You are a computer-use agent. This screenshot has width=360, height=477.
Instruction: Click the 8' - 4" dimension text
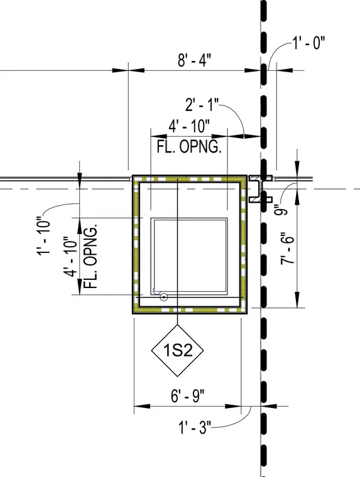pos(194,60)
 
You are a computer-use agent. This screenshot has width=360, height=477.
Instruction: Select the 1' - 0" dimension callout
pos(309,43)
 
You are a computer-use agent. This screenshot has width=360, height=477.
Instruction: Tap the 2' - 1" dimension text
pos(202,105)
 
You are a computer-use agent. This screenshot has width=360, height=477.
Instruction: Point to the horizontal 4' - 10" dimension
pos(189,126)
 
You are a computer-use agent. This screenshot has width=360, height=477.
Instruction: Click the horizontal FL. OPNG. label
pos(189,147)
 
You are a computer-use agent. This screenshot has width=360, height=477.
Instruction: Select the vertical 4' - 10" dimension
pos(70,257)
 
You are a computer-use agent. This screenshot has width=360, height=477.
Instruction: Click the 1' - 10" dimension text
pos(43,236)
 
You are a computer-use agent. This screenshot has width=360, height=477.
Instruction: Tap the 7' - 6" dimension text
pos(288,248)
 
